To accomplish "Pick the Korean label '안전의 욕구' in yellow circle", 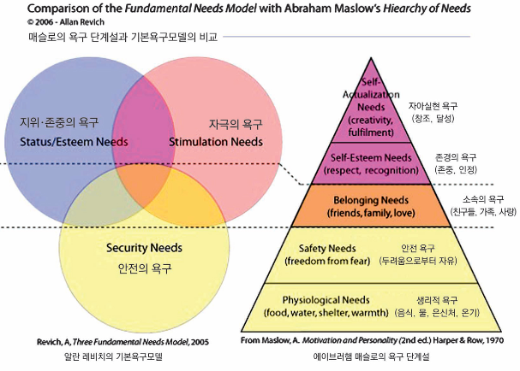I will coord(144,267).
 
